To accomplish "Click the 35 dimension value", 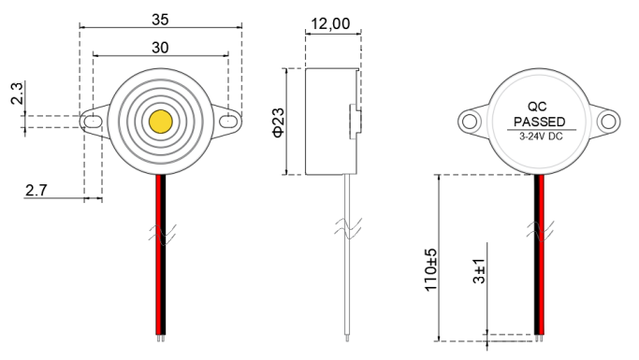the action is (x=160, y=19).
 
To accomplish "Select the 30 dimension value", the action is (x=160, y=48).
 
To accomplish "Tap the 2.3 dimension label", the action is (x=17, y=94).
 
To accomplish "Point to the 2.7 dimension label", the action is (x=36, y=190).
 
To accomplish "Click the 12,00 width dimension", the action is (x=330, y=23).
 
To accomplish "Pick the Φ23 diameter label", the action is (x=279, y=122).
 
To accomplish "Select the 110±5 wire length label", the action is (x=430, y=269).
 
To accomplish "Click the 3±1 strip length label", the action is (x=479, y=270).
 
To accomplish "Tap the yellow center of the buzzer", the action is (x=161, y=122).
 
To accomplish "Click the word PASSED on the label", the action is (x=540, y=122).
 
